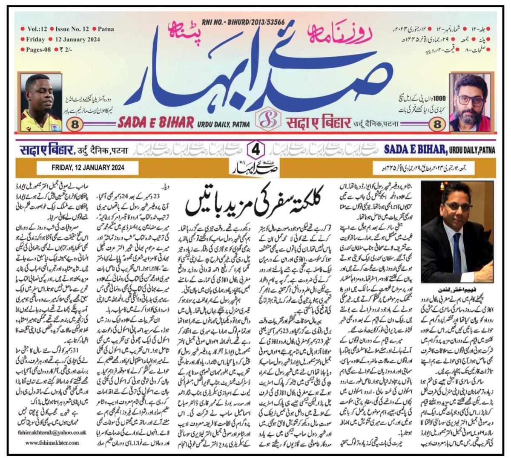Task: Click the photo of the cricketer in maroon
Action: pyautogui.click(x=41, y=102)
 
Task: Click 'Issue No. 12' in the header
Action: pyautogui.click(x=71, y=29)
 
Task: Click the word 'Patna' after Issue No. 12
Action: pyautogui.click(x=105, y=29)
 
